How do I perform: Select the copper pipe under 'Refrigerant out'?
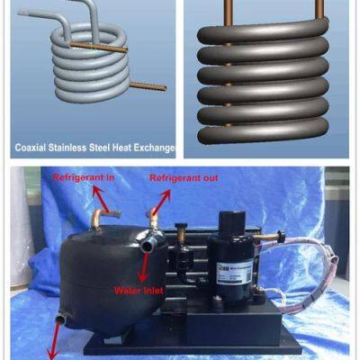(155, 218)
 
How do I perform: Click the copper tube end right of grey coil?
(151, 86)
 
